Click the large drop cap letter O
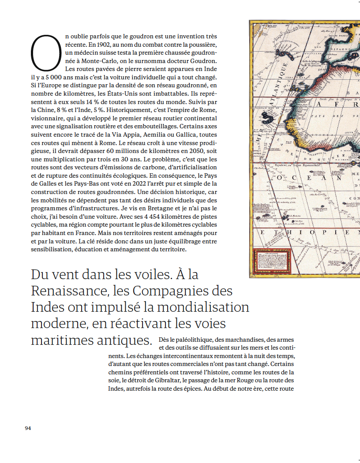pos(45,53)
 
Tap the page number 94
pos(28,428)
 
